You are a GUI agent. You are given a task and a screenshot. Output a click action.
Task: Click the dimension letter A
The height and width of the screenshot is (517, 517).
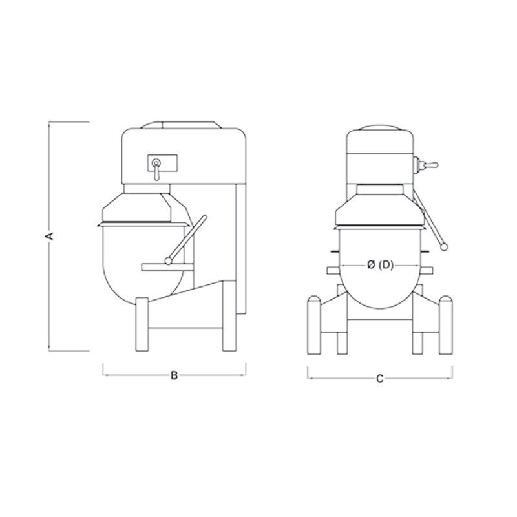[50, 236]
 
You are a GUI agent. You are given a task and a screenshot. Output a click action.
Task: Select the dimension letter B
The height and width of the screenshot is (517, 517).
[174, 375]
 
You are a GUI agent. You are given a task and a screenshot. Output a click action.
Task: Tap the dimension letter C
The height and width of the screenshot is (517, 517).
[380, 379]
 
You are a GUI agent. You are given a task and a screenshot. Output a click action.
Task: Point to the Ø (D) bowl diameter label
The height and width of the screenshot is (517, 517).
[380, 265]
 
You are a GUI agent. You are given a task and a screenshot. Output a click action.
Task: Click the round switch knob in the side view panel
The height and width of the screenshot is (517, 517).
[156, 162]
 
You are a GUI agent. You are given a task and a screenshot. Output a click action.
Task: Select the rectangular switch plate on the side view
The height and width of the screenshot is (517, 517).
[162, 164]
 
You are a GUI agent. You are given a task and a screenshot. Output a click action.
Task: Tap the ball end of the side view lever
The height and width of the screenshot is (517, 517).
[169, 261]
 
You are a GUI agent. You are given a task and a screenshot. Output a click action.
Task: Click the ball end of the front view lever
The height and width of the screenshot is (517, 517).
[445, 246]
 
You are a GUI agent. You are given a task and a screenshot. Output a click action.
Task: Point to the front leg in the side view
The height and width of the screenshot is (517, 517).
[142, 324]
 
